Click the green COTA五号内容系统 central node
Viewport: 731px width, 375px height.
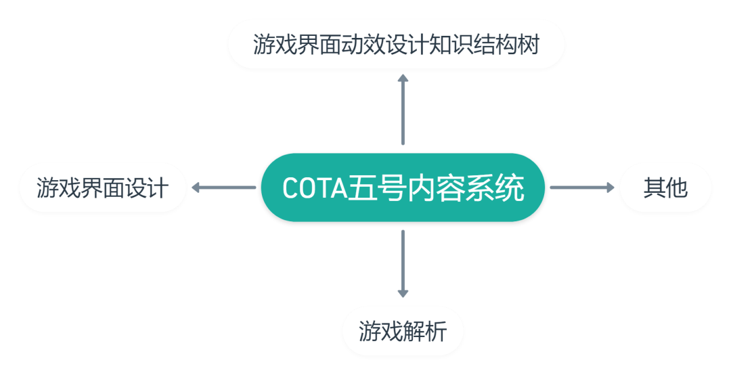click(x=403, y=187)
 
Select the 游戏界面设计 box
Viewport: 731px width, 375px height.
click(x=102, y=187)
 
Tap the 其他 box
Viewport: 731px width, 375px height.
click(x=665, y=187)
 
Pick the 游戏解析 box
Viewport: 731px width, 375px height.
click(x=403, y=331)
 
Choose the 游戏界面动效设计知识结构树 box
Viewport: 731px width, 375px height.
click(x=396, y=44)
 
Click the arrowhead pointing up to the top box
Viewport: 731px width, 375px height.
click(x=403, y=79)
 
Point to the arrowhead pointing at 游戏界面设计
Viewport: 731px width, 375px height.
click(x=196, y=187)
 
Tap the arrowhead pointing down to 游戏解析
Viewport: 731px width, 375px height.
click(x=403, y=293)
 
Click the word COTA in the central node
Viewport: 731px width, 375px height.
click(x=314, y=188)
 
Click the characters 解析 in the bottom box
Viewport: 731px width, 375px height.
click(x=425, y=332)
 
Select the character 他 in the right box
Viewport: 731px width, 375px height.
click(x=677, y=188)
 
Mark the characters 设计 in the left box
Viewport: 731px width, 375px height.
click(x=146, y=188)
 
